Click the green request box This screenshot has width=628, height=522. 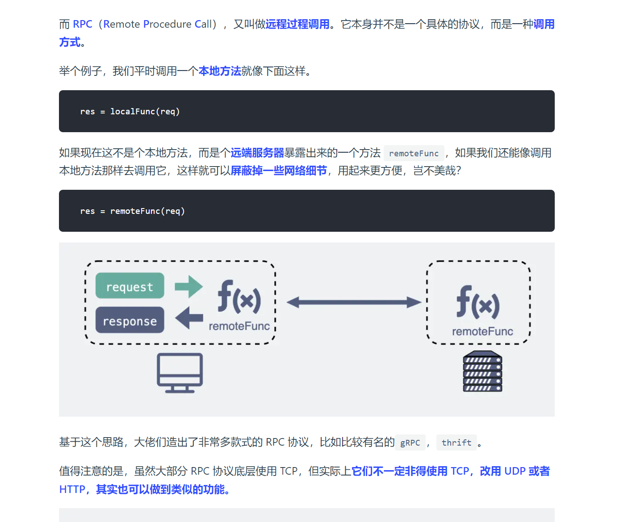pyautogui.click(x=130, y=286)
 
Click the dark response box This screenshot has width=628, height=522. pyautogui.click(x=130, y=320)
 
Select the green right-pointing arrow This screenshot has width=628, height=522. pyautogui.click(x=188, y=286)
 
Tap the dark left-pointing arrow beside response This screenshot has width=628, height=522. pyautogui.click(x=189, y=318)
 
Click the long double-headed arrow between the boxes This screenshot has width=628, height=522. pyautogui.click(x=353, y=302)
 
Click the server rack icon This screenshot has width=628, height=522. pyautogui.click(x=482, y=372)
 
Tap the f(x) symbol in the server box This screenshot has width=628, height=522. pyautogui.click(x=478, y=302)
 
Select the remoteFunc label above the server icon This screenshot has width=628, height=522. pyautogui.click(x=482, y=331)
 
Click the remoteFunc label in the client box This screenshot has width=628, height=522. pyautogui.click(x=239, y=326)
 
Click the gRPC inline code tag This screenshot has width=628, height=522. pyautogui.click(x=410, y=443)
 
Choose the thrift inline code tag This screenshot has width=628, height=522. pyautogui.click(x=456, y=443)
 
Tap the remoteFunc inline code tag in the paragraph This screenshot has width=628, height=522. pyautogui.click(x=414, y=154)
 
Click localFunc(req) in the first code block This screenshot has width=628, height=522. pyautogui.click(x=145, y=112)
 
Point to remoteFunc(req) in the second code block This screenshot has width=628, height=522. pyautogui.click(x=147, y=211)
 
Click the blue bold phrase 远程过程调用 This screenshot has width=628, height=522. pyautogui.click(x=297, y=24)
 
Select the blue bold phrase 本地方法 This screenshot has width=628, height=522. pyautogui.click(x=220, y=71)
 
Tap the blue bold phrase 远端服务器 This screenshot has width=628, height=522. pyautogui.click(x=257, y=153)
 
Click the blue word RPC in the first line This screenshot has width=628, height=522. pyautogui.click(x=83, y=24)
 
